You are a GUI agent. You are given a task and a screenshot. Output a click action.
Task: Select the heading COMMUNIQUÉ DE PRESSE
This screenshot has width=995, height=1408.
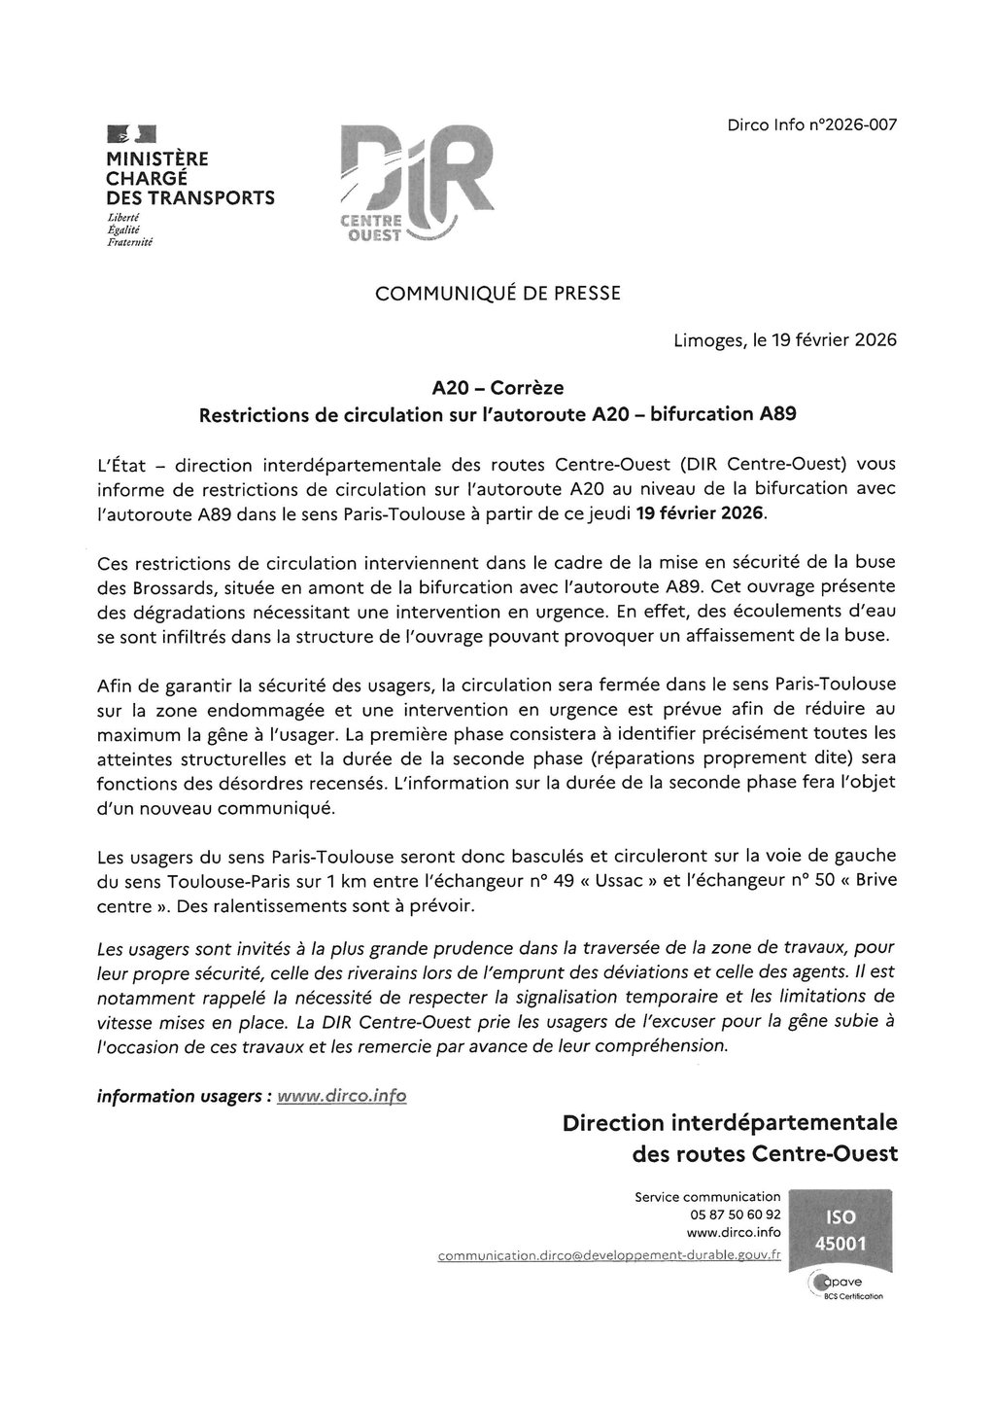[497, 292]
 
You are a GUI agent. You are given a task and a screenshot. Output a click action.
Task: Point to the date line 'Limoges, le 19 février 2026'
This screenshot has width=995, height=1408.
[784, 341]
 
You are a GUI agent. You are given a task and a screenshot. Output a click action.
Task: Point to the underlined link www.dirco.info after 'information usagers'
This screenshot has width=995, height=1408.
[341, 1096]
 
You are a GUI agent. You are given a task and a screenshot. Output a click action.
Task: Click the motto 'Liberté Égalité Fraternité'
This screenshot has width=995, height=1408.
[130, 229]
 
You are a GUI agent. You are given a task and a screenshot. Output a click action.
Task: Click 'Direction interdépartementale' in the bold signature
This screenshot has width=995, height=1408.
[729, 1124]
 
